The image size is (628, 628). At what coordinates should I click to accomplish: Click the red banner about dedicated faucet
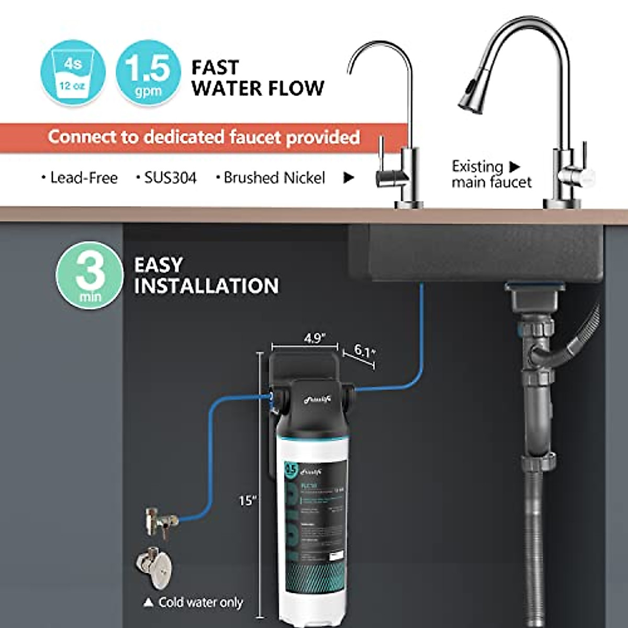click(x=204, y=137)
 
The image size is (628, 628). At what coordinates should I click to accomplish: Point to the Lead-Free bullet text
click(x=80, y=178)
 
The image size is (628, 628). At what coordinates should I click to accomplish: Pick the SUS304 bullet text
click(x=166, y=178)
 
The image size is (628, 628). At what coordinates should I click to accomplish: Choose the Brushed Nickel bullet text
click(x=271, y=178)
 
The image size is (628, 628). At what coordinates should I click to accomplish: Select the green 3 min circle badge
click(x=89, y=275)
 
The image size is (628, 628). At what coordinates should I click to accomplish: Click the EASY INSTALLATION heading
click(x=206, y=276)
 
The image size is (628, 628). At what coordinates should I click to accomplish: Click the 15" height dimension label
click(x=248, y=500)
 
